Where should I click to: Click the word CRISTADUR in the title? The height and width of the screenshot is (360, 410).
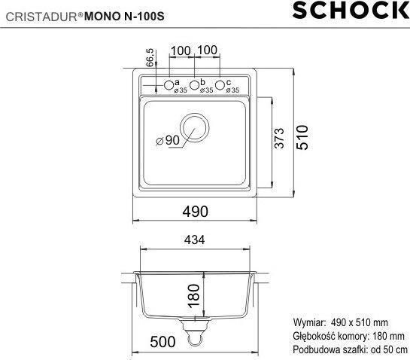pyautogui.click(x=35, y=12)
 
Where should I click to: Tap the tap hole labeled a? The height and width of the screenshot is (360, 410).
pyautogui.click(x=169, y=84)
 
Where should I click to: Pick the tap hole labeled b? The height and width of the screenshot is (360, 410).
pyautogui.click(x=194, y=84)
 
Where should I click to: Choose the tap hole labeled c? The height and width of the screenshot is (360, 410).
pyautogui.click(x=220, y=84)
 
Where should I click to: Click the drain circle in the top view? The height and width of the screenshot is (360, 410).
pyautogui.click(x=196, y=126)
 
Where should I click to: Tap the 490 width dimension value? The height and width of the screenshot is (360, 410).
pyautogui.click(x=194, y=212)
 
